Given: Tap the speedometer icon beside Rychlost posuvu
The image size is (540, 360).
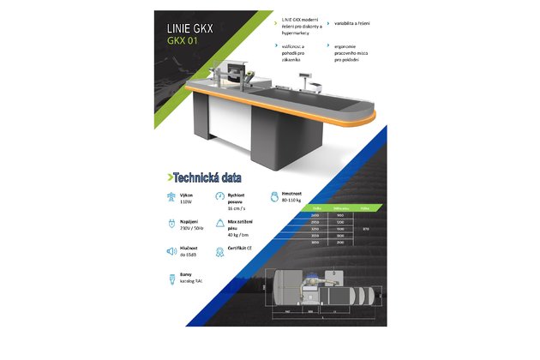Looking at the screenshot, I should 221,198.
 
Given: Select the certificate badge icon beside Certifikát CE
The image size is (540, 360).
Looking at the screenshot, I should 221,250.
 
